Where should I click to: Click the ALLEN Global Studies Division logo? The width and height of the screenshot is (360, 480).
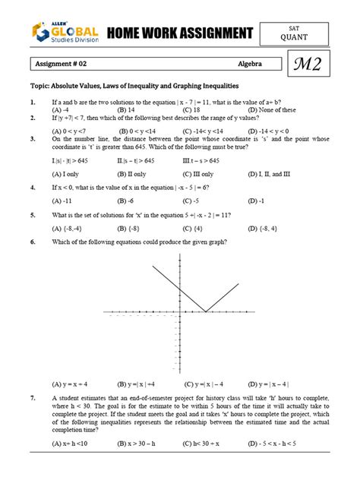click(x=64, y=33)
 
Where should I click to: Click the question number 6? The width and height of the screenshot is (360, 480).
click(x=33, y=242)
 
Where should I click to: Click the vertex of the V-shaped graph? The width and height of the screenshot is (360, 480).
click(x=206, y=311)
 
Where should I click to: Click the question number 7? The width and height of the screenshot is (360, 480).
click(x=33, y=398)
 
